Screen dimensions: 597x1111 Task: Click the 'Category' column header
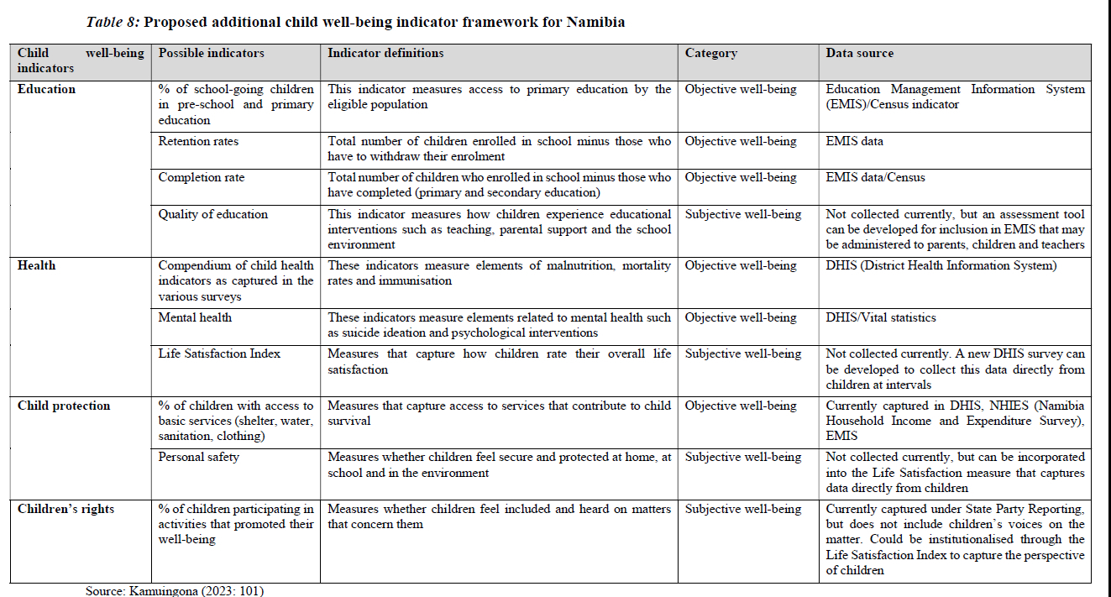[710, 54]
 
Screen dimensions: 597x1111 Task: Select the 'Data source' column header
[859, 54]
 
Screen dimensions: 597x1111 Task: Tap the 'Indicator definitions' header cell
[385, 54]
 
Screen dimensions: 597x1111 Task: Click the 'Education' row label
[46, 90]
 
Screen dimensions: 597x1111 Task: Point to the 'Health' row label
[36, 266]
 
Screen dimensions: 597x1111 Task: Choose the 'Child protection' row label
[64, 406]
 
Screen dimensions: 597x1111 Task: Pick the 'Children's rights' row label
[66, 510]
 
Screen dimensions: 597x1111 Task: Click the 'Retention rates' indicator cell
[198, 142]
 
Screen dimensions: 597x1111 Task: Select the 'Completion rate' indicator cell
[201, 178]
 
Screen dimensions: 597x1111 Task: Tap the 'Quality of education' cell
[213, 215]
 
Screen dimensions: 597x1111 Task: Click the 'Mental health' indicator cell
[195, 318]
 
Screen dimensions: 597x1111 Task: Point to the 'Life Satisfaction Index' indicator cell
[218, 354]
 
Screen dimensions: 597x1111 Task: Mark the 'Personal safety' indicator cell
[199, 458]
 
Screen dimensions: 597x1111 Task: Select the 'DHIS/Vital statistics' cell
[880, 318]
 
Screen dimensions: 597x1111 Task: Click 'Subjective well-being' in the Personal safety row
[743, 458]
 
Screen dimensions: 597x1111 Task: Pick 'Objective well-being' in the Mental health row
[741, 318]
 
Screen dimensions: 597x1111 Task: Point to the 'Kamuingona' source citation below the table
[165, 591]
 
